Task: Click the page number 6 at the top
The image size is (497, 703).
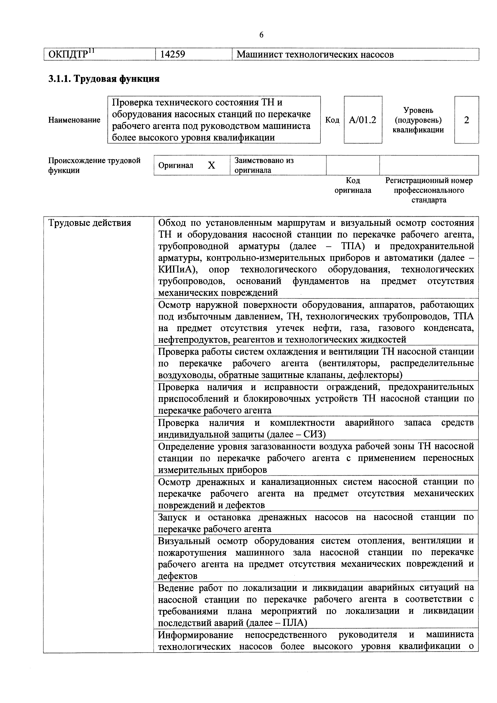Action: point(261,35)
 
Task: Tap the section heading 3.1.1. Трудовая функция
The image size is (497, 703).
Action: point(104,79)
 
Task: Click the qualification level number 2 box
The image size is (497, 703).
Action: point(466,120)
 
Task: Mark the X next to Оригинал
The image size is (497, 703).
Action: point(212,165)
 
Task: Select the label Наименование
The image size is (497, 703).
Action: point(74,120)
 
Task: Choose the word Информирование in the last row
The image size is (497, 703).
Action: point(196,635)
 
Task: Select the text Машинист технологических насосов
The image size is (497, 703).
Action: point(315,55)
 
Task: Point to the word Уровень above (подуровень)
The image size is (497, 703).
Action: point(418,110)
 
